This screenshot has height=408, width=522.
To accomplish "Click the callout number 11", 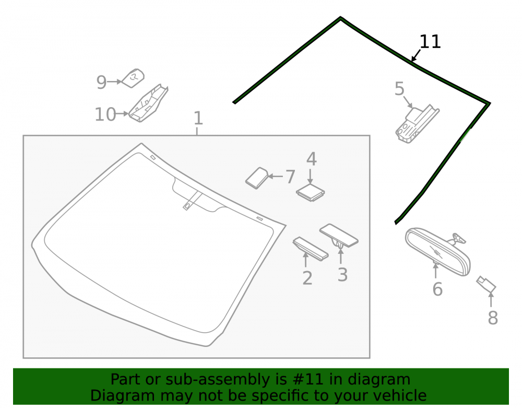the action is (x=430, y=42).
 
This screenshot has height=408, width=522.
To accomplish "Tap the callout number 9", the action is (x=101, y=82).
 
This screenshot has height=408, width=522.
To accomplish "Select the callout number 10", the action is (x=105, y=114).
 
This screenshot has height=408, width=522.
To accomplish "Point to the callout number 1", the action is (x=198, y=118).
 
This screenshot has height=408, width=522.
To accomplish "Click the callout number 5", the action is (x=399, y=89).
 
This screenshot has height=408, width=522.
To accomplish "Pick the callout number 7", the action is (x=290, y=177).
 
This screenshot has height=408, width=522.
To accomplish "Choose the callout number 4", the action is (x=311, y=159).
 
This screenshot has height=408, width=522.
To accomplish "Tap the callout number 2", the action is (x=307, y=278).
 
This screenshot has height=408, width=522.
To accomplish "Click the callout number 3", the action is (x=342, y=275).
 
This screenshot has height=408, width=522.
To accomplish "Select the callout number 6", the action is (x=437, y=289).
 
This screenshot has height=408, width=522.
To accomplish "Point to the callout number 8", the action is (x=493, y=318).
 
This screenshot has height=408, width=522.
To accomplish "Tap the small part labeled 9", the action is (x=133, y=78).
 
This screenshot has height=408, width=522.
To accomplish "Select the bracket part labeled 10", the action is (x=148, y=103).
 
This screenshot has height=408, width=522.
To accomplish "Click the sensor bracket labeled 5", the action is (x=417, y=124).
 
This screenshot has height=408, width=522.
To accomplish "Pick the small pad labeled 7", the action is (x=257, y=178).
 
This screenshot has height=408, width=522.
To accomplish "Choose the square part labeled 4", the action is (x=310, y=193).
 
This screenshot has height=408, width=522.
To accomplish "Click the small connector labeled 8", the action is (x=486, y=284).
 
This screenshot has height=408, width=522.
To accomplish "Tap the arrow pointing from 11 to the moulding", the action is (x=416, y=55).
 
